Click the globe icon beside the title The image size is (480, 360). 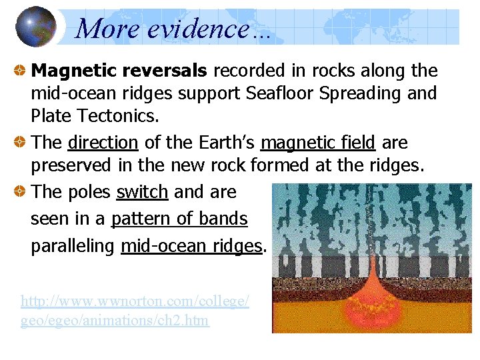35,27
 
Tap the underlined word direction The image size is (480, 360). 103,143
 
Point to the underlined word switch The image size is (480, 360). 142,192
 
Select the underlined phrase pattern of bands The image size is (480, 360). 179,219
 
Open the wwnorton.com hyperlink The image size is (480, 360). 135,311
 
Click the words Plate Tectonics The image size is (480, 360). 95,117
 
